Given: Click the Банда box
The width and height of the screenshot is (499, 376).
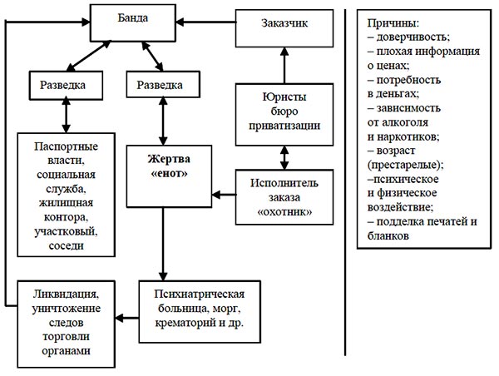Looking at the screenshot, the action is [133, 23].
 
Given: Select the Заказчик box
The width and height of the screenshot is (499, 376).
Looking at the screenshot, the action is [284, 28].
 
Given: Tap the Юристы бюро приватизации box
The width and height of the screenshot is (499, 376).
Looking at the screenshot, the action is [284, 115].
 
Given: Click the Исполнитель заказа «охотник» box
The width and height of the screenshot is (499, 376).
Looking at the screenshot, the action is [284, 197].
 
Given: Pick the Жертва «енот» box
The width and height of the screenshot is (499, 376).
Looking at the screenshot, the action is [169, 176].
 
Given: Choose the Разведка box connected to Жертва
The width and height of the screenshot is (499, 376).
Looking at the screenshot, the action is [163, 84].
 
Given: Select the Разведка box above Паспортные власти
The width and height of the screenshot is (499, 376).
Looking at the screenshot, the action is [66, 86].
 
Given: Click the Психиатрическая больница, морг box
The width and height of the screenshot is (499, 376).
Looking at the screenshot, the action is [200, 311].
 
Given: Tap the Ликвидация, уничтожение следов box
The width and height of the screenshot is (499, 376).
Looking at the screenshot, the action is [66, 324].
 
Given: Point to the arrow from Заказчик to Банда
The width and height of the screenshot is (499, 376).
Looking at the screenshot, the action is [206, 22].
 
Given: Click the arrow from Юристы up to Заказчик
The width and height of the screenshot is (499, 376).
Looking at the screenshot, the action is [284, 65].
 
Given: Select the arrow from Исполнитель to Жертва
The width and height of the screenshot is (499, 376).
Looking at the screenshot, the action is [224, 195].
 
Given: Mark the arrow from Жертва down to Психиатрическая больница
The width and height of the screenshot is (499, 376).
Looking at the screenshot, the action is [163, 245].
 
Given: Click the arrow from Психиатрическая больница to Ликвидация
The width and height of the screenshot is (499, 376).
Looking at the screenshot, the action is [127, 318].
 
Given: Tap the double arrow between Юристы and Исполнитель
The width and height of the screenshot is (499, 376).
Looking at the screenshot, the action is [284, 157].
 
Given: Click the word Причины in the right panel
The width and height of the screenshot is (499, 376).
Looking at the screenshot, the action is [393, 23].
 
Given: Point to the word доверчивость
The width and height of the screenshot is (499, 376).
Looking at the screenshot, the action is [413, 37].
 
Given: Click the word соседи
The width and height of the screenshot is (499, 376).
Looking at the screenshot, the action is [67, 245].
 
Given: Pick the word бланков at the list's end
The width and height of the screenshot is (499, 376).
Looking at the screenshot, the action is [388, 236].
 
